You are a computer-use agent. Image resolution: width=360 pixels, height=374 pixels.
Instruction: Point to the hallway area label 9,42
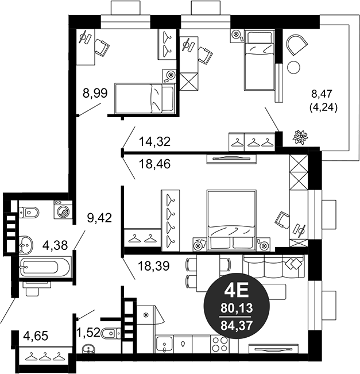click(99, 217)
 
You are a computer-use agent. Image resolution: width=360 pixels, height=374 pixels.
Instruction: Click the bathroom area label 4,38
click(56, 245)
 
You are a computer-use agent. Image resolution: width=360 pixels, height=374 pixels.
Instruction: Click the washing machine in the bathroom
click(63, 210)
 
